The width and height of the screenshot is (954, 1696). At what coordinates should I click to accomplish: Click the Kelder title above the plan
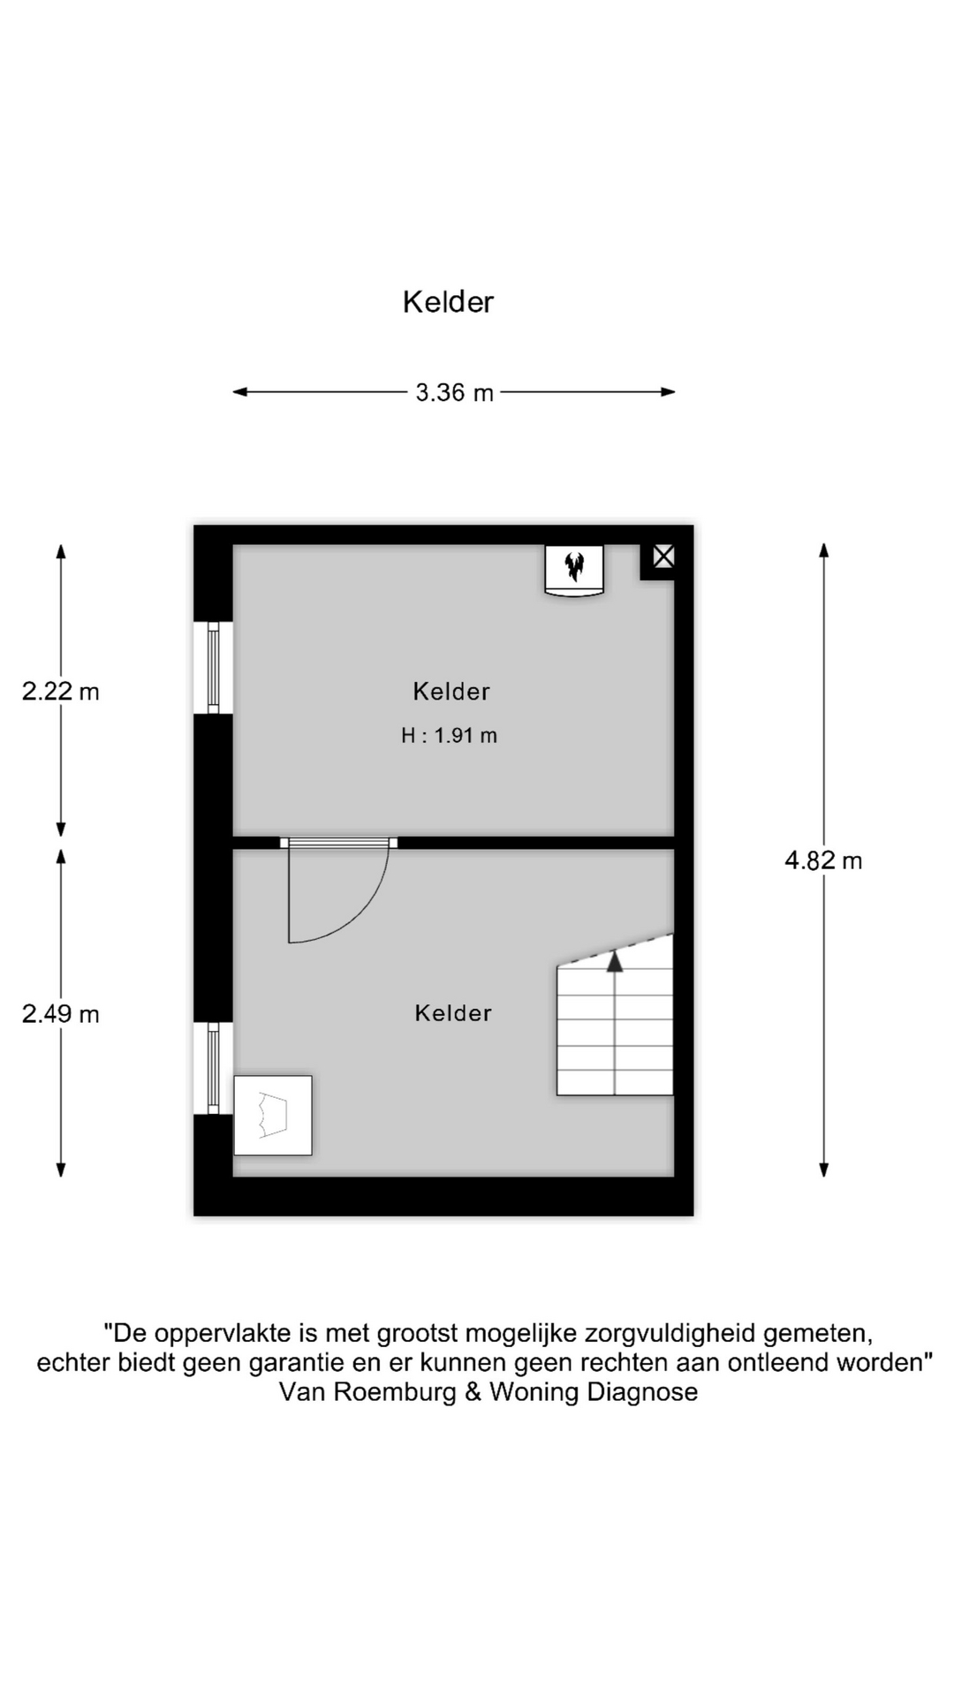click(x=448, y=302)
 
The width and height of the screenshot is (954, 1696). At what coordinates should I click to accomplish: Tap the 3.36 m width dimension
click(x=454, y=392)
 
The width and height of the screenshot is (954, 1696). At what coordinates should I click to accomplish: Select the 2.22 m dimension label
click(x=60, y=691)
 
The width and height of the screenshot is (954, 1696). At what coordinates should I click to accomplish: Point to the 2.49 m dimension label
click(x=60, y=1013)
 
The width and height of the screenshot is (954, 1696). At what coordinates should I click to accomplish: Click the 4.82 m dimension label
click(x=823, y=860)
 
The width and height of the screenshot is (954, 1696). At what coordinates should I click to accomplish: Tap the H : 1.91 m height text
click(x=449, y=735)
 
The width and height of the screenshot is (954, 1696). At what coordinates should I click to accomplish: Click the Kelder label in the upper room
click(x=451, y=691)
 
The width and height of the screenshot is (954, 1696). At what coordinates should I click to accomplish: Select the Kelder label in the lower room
click(x=453, y=1012)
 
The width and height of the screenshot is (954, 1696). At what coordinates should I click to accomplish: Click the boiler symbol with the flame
click(x=574, y=571)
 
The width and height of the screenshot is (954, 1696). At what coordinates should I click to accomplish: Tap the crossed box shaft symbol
click(x=663, y=556)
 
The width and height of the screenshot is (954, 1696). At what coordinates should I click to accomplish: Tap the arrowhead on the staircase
click(x=615, y=962)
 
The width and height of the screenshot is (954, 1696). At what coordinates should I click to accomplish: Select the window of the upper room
click(x=213, y=667)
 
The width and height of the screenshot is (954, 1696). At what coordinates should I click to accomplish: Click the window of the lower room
click(x=213, y=1068)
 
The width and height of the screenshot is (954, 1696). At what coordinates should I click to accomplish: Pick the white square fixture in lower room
click(x=273, y=1115)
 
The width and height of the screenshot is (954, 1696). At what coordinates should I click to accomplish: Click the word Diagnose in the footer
click(x=642, y=1392)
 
